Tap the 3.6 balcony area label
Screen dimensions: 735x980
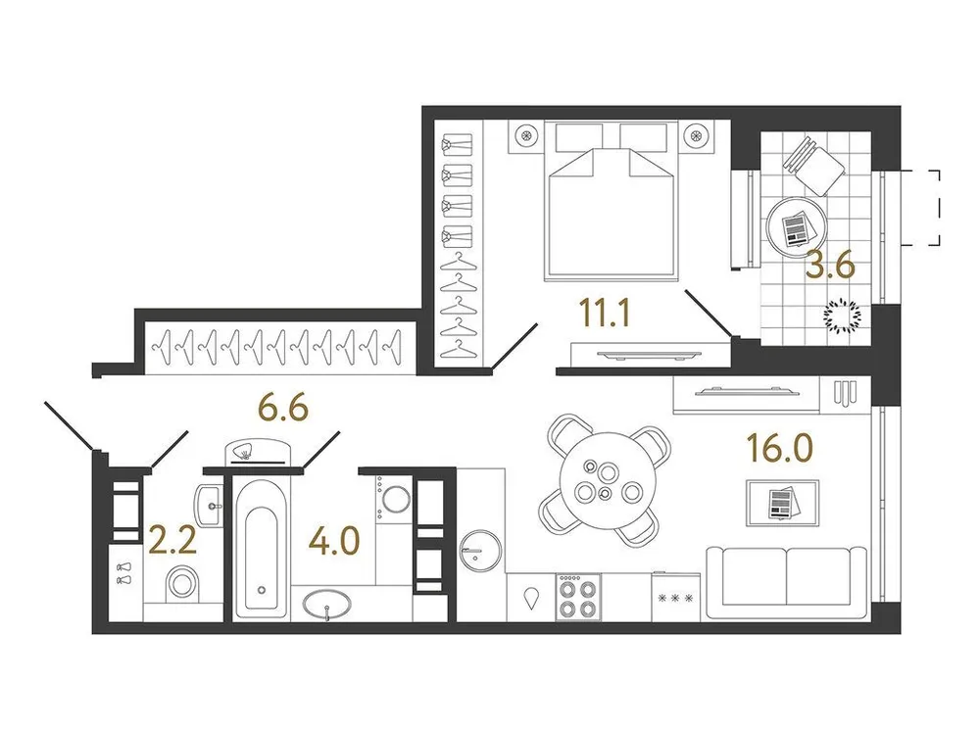point(830,266)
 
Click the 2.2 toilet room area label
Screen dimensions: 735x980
point(172,539)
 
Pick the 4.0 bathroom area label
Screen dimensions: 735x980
point(332,539)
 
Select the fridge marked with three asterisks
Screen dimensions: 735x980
point(675,597)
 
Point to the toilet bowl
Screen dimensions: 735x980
point(182,585)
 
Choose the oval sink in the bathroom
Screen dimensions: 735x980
point(330,608)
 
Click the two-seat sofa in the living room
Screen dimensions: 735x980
point(786,582)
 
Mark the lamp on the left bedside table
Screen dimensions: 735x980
point(526,136)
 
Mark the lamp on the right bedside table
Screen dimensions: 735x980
point(696,136)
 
